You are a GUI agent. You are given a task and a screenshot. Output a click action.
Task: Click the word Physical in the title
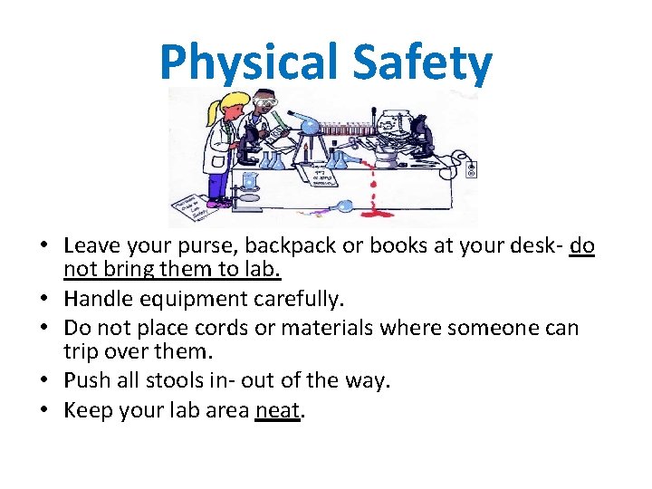click(244, 62)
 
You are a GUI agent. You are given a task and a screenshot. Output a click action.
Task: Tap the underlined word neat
click(277, 410)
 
